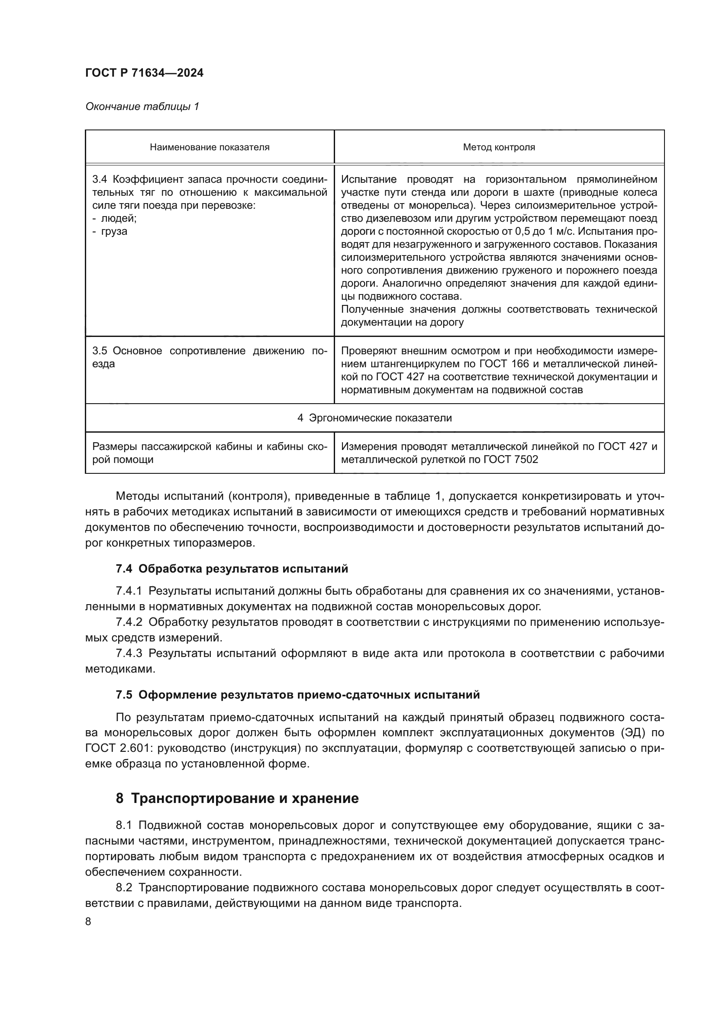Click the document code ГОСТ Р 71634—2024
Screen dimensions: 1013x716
[x=144, y=73]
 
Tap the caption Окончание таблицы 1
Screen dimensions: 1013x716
[x=142, y=107]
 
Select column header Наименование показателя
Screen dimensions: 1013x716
[x=210, y=147]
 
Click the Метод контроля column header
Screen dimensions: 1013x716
[x=499, y=147]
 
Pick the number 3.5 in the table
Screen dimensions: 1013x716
[x=100, y=351]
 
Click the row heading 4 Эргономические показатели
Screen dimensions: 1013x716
[x=374, y=418]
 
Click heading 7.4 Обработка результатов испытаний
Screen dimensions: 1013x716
[x=232, y=569]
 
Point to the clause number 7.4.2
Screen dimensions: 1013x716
[x=129, y=622]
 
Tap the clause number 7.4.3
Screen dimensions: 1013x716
[x=129, y=654]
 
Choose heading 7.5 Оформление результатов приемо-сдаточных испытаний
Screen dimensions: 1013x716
[x=297, y=695]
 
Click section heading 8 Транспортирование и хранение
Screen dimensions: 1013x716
[x=237, y=799]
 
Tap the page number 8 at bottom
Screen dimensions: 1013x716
[x=88, y=922]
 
